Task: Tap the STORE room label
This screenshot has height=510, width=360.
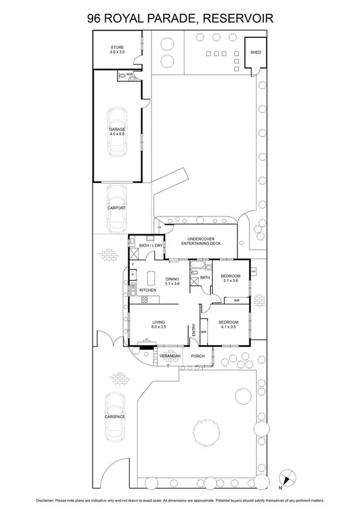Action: click(x=117, y=49)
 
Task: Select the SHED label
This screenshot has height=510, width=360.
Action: click(x=255, y=53)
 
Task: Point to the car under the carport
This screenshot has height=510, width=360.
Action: click(x=116, y=208)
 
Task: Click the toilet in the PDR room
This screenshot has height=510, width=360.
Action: click(x=123, y=77)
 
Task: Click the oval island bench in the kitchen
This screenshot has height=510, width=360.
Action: click(x=150, y=278)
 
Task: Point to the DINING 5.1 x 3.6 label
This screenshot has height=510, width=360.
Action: click(x=172, y=281)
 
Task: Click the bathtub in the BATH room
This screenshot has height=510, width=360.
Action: click(x=198, y=265)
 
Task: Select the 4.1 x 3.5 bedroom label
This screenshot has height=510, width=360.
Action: click(x=228, y=325)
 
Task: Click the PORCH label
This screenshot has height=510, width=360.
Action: click(x=197, y=357)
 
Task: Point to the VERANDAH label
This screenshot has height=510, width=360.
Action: click(x=169, y=357)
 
